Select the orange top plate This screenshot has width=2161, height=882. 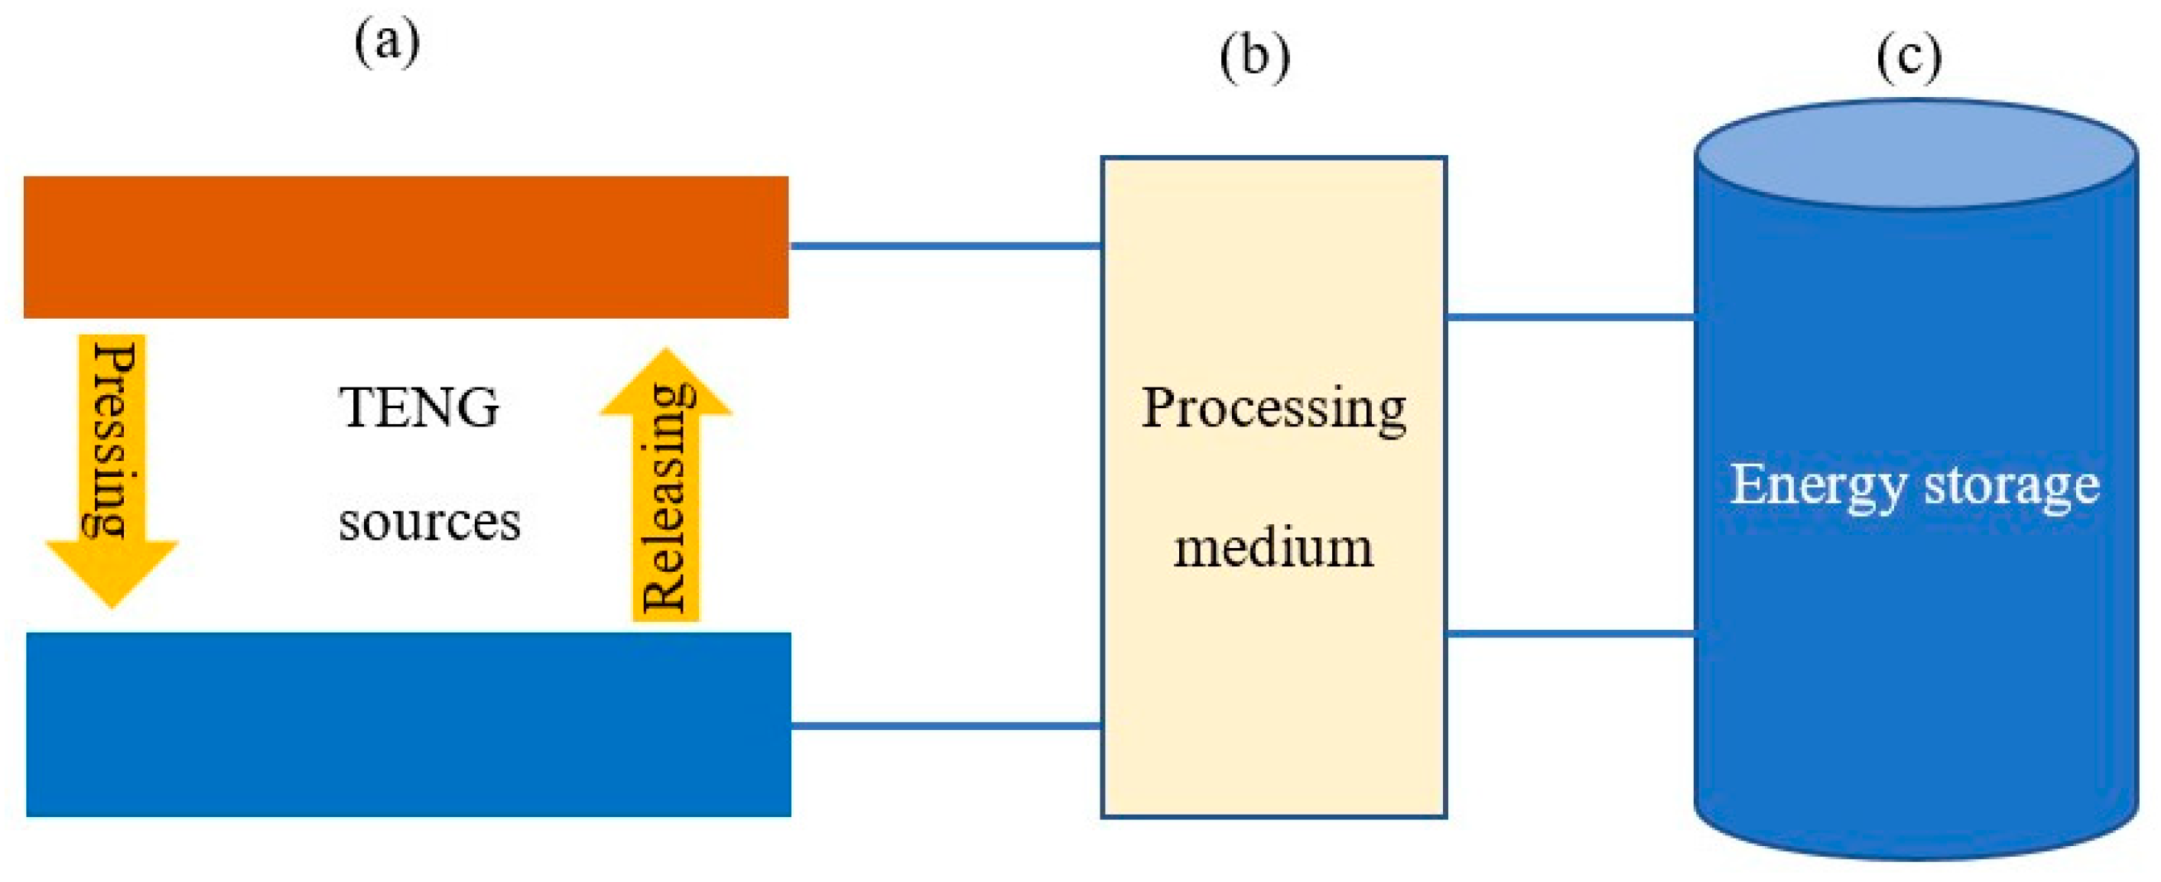[406, 248]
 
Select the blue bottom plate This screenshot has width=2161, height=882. [408, 725]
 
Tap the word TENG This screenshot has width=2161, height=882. [418, 408]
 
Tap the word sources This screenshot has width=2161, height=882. [430, 521]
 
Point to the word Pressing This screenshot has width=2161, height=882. [112, 439]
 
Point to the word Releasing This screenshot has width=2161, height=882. [666, 500]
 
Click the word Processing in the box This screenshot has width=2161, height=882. [1273, 409]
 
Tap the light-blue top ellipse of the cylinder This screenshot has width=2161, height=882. [1916, 154]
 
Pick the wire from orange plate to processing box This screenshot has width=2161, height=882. [945, 245]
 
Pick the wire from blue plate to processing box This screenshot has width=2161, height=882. [945, 725]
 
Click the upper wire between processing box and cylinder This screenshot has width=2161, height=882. [1571, 317]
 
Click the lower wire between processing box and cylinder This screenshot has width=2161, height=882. [1571, 633]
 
